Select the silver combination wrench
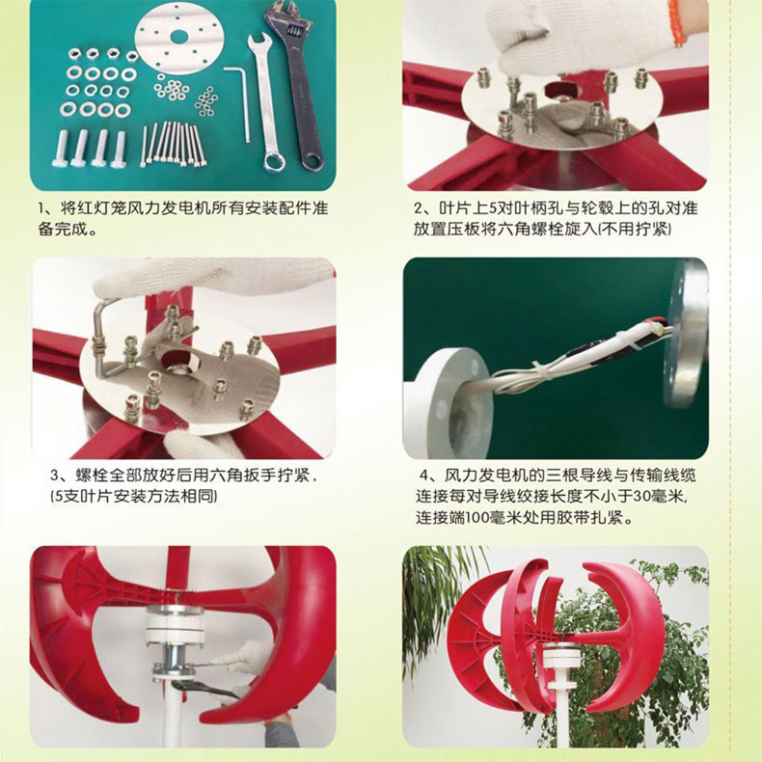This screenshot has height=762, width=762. pos(265,102)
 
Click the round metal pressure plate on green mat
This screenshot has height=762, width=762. pos(179,37)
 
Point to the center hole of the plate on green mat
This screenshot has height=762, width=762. pos(179,36)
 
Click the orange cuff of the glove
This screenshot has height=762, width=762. pos(675,22)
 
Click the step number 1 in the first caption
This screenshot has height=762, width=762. pos(41,209)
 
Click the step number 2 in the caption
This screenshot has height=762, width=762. pos(419,209)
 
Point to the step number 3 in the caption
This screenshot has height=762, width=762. pos(55,476)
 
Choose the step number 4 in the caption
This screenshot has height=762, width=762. pos(425,476)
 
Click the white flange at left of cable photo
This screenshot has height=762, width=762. pos(448,403)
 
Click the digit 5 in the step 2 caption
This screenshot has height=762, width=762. pos(491,209)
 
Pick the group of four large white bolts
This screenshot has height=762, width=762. pos(91,149)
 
